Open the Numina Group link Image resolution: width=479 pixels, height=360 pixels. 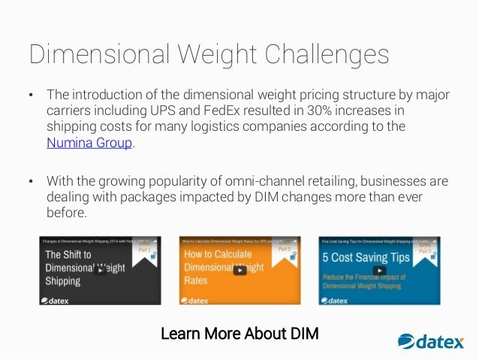[x=89, y=144]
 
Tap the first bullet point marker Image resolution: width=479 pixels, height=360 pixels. [x=31, y=95]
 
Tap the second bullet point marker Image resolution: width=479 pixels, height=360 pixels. [x=31, y=181]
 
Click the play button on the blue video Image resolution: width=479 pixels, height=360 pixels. [x=380, y=270]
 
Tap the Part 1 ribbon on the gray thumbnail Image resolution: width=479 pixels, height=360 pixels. [x=143, y=250]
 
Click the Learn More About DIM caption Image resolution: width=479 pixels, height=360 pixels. [x=239, y=333]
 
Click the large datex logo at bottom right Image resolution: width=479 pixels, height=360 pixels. [x=431, y=342]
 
